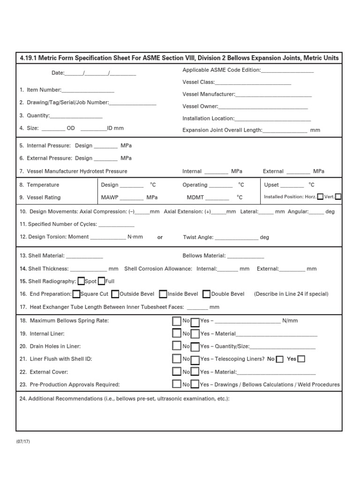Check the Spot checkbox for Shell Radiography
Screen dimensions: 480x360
tap(81, 281)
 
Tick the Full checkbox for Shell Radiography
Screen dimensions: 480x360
tap(101, 281)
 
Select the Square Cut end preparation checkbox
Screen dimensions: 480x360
tap(76, 294)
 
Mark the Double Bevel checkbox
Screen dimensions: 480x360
tap(206, 294)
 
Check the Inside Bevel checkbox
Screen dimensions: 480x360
tap(163, 294)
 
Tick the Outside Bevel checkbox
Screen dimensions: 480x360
tap(115, 294)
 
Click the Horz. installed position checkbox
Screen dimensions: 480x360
tap(320, 197)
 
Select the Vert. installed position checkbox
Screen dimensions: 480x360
tap(338, 197)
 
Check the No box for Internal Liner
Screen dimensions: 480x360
tap(176, 333)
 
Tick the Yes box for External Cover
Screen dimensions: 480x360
tap(195, 372)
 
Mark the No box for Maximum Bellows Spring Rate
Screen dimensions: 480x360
tap(176, 321)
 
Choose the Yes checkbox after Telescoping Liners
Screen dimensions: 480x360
tap(301, 359)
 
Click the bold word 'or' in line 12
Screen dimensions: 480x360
tap(160, 237)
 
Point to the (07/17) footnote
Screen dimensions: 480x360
tap(23, 442)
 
